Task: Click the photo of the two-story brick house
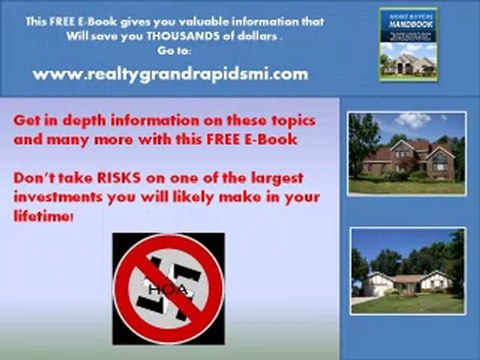[406, 152]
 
